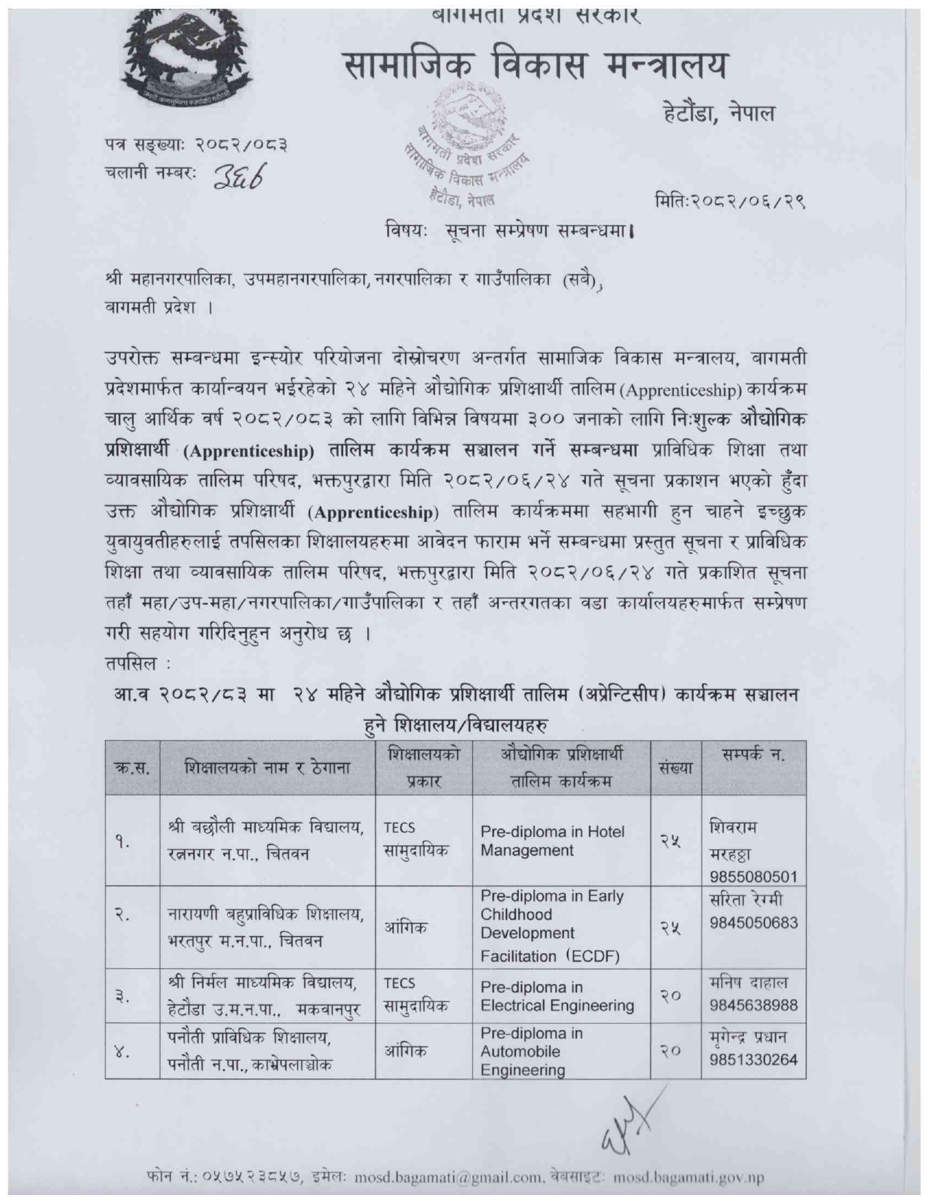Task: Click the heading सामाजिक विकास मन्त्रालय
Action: pos(536,67)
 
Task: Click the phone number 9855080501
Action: pos(753,876)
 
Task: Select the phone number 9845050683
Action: pos(753,923)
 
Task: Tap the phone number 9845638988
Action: pos(753,1005)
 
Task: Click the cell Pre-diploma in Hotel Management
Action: pos(552,841)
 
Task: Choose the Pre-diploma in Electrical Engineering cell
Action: pos(557,997)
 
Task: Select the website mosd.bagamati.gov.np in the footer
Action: pos(689,1177)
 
